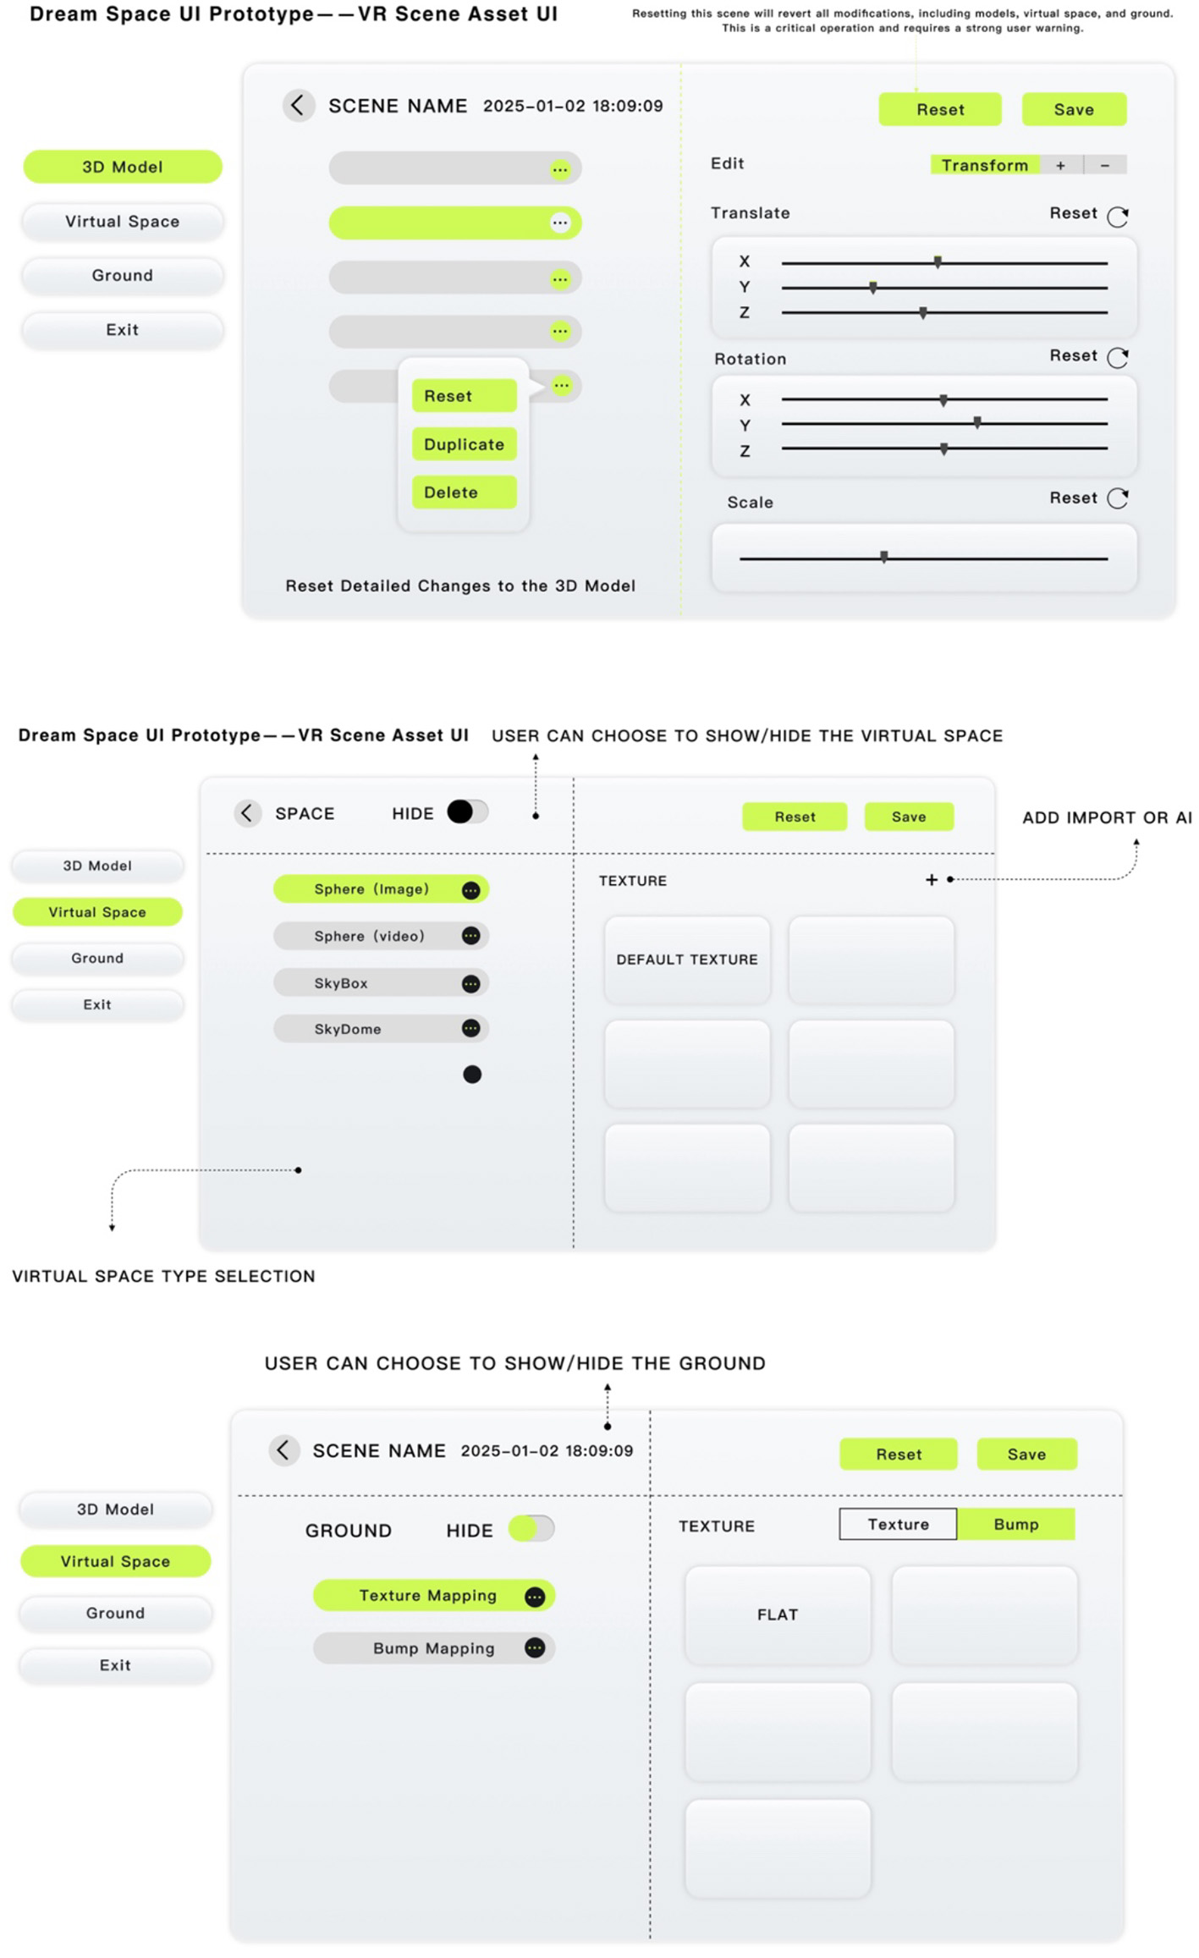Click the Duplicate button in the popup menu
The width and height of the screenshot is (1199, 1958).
click(464, 444)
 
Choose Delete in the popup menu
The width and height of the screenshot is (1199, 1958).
click(464, 492)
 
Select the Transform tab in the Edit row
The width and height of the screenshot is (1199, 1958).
click(984, 165)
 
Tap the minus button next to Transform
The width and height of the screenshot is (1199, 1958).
click(1104, 165)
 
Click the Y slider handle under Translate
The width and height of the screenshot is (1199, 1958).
click(873, 288)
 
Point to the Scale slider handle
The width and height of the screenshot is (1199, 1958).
click(884, 557)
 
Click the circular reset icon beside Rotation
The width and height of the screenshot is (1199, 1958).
click(1118, 357)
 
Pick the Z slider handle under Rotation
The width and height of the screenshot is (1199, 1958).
click(944, 449)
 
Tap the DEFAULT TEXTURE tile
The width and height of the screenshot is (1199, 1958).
click(687, 960)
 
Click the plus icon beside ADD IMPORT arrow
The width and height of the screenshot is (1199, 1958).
click(932, 880)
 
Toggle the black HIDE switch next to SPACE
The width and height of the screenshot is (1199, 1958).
click(467, 812)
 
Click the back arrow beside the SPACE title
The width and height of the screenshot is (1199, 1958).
click(247, 813)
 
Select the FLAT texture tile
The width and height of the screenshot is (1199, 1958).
click(778, 1614)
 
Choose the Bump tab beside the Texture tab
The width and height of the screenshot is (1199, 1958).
click(1015, 1524)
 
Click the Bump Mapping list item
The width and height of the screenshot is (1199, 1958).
click(433, 1648)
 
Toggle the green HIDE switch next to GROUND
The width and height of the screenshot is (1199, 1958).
click(531, 1529)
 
